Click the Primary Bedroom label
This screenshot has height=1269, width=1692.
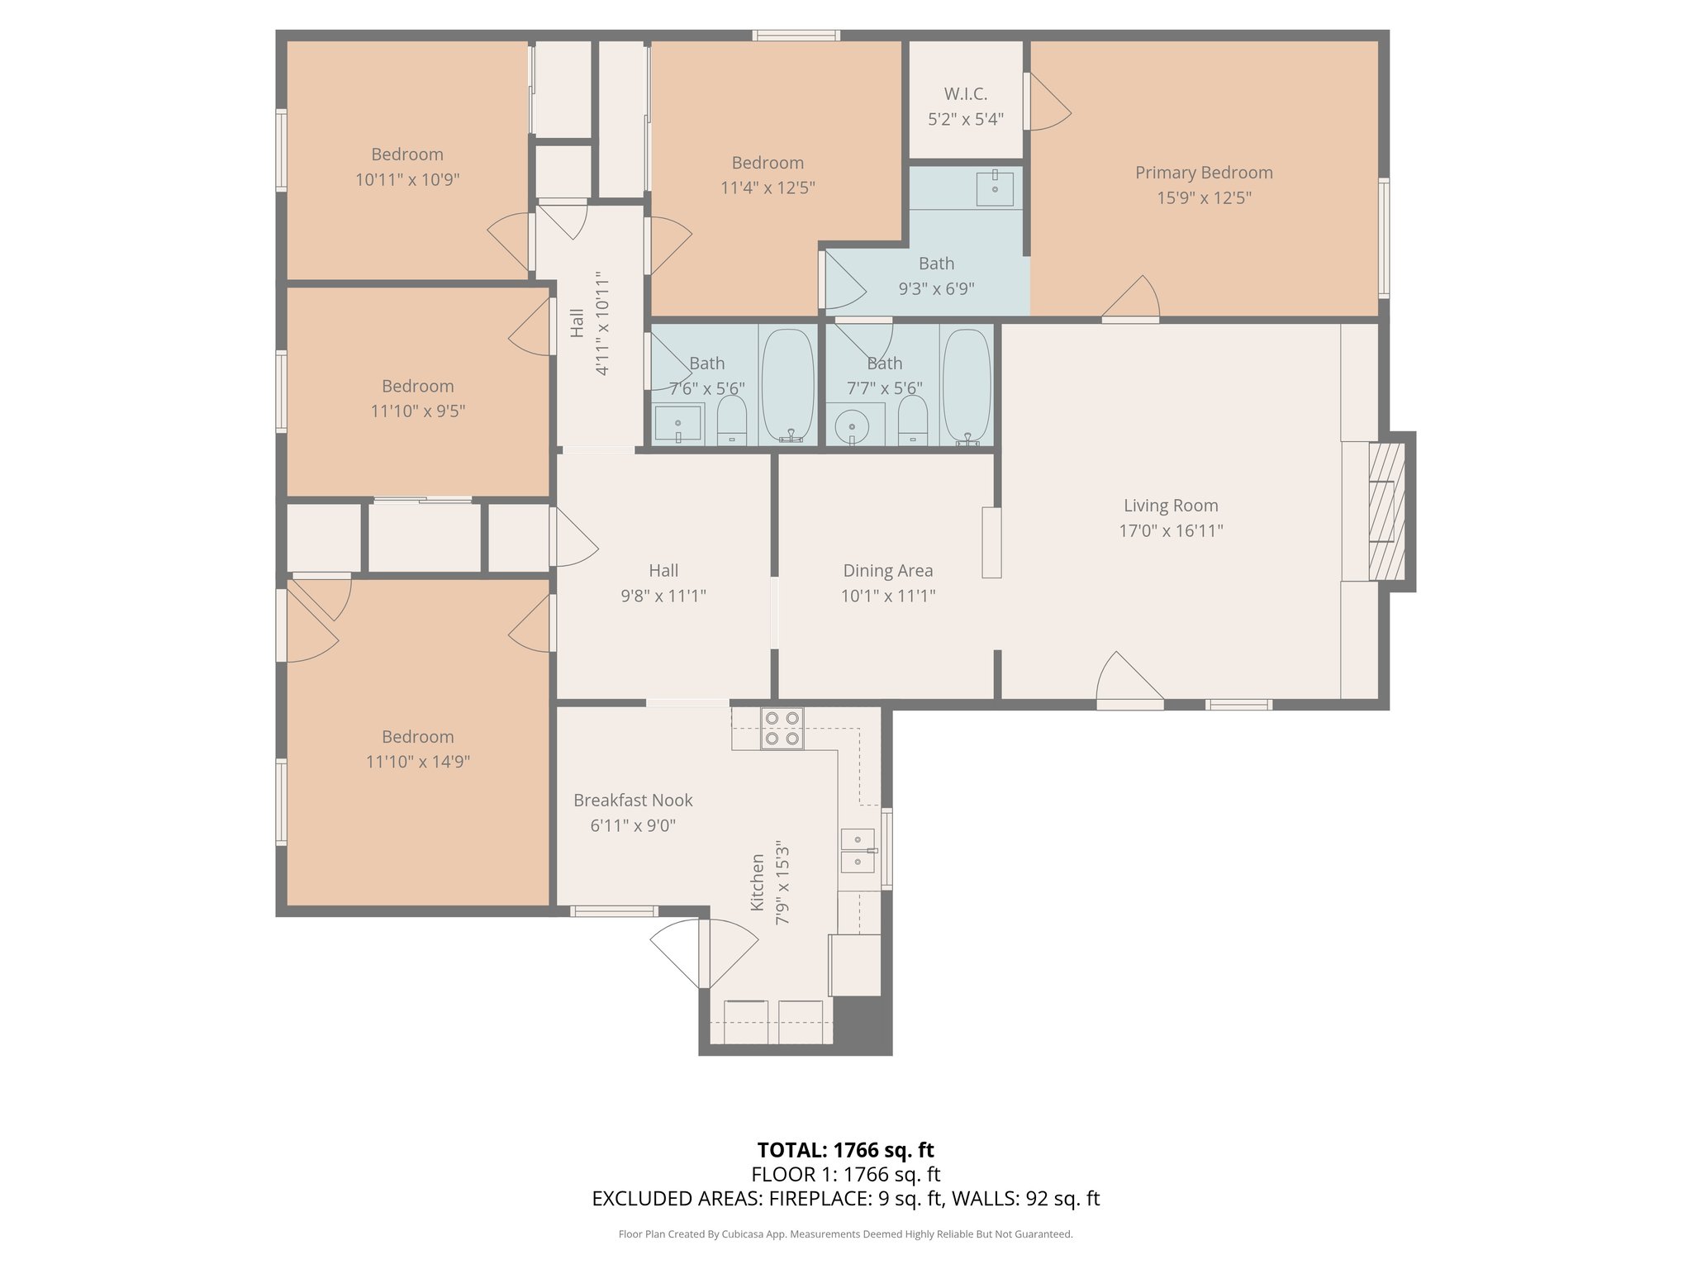tap(1203, 173)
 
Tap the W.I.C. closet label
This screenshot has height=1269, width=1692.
tap(966, 94)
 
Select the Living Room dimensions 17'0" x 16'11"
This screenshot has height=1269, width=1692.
tap(1171, 530)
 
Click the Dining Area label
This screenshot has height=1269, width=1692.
tap(888, 570)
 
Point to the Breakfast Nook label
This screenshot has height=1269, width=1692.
tap(633, 800)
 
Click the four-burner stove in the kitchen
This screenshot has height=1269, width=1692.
tap(782, 729)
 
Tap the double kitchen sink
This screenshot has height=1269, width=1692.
tap(858, 851)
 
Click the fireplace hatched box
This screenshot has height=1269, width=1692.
tap(1386, 511)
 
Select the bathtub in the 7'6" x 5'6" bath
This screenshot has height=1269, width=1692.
tap(788, 386)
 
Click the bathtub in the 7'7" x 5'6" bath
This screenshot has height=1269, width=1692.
tap(967, 387)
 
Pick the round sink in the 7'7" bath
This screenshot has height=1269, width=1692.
tap(851, 426)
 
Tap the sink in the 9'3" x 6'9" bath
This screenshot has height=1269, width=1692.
tap(995, 188)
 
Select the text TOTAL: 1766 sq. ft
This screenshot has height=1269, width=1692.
tap(845, 1150)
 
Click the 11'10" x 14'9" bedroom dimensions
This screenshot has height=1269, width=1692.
tap(418, 762)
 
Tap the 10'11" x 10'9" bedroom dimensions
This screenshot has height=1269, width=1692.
tap(407, 179)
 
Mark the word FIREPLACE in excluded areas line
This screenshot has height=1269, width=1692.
tap(820, 1199)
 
